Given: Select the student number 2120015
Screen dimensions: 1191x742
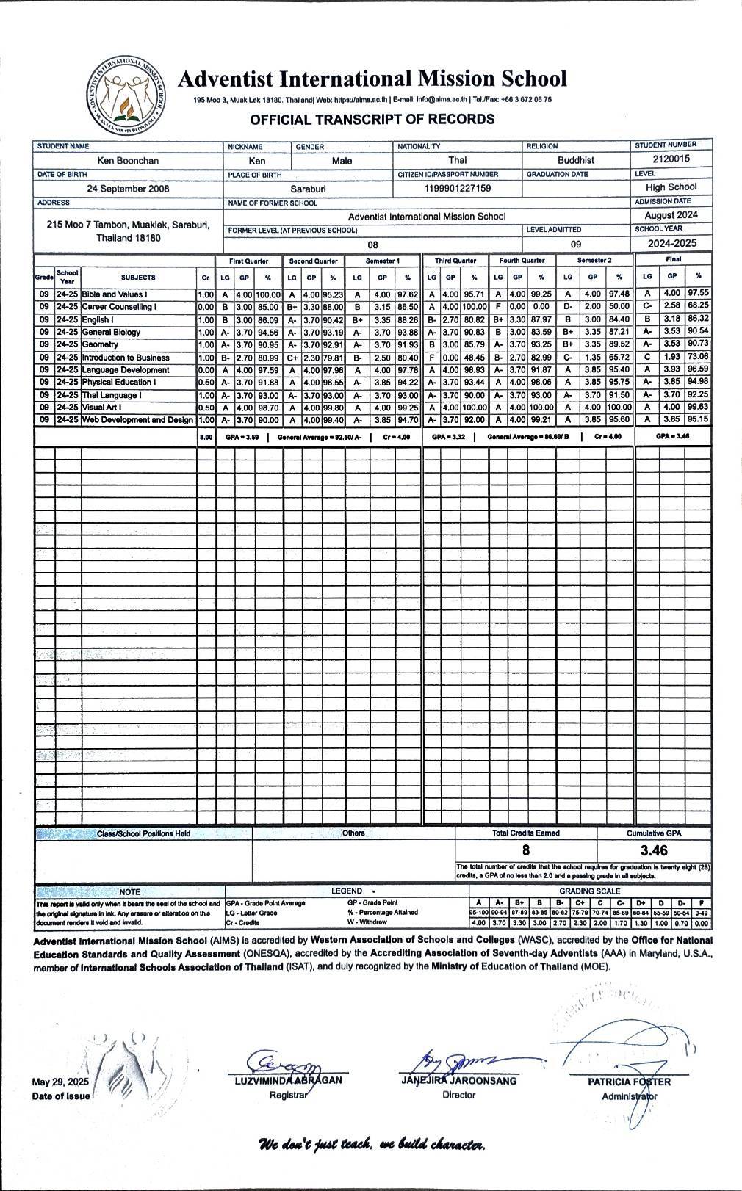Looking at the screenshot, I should pyautogui.click(x=671, y=159).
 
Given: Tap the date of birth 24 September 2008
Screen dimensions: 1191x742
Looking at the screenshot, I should pyautogui.click(x=128, y=189).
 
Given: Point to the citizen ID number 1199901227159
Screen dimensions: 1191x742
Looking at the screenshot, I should pyautogui.click(x=458, y=189).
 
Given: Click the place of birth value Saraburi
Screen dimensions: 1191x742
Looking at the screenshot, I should pyautogui.click(x=308, y=189).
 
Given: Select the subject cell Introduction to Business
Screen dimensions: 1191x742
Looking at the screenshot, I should pyautogui.click(x=126, y=358).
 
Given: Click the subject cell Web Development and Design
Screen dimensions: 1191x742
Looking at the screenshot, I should pyautogui.click(x=137, y=420).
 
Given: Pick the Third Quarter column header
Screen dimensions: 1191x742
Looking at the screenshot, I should pyautogui.click(x=455, y=261).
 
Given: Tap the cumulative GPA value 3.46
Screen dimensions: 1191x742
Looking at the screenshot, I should pyautogui.click(x=653, y=850).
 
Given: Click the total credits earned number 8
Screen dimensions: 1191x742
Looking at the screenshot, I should pyautogui.click(x=525, y=850).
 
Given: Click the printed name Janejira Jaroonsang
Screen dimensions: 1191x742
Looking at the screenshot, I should pyautogui.click(x=458, y=1081).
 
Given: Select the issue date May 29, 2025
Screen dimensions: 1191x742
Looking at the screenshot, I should pyautogui.click(x=60, y=1082).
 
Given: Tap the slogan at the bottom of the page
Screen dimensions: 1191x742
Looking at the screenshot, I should pyautogui.click(x=371, y=1145).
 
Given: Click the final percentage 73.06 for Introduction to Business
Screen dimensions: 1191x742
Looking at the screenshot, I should pyautogui.click(x=698, y=357).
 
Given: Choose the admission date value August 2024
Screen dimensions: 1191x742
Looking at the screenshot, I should pyautogui.click(x=671, y=215).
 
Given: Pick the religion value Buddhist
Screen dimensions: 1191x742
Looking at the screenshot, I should pyautogui.click(x=575, y=160).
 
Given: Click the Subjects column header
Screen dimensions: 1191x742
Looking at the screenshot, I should pyautogui.click(x=138, y=278).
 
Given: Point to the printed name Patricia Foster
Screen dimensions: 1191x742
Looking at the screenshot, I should pyautogui.click(x=629, y=1082).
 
